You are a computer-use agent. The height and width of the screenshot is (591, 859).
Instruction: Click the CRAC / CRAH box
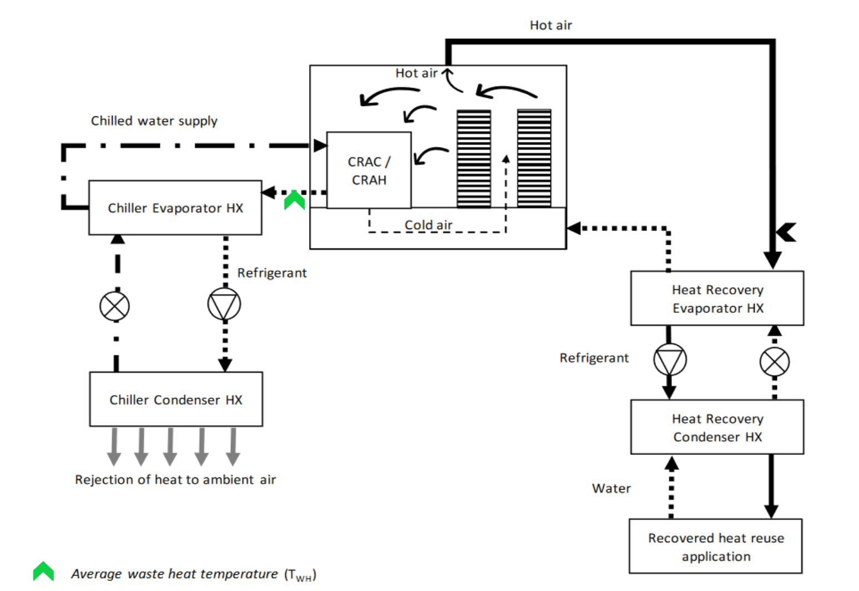[369, 170]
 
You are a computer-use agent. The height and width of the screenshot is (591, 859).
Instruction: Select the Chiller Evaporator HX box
[175, 208]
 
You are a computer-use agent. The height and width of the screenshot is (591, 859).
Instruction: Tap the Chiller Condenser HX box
[176, 399]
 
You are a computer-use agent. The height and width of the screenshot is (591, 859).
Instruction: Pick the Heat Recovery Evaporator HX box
[717, 298]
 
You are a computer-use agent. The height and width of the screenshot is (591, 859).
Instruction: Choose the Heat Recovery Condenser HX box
[717, 427]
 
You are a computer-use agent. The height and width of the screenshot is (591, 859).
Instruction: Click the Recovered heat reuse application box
[715, 546]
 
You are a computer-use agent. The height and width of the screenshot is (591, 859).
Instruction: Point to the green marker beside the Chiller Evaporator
[295, 200]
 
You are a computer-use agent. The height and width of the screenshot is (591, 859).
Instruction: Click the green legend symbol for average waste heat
[43, 572]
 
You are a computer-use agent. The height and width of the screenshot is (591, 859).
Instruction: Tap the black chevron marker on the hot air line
[787, 232]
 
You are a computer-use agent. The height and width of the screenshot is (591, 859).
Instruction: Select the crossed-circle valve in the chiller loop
[115, 306]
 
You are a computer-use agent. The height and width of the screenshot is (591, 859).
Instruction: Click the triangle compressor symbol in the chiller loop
[224, 304]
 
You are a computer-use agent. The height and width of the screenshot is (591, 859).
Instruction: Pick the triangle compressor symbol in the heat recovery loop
[670, 360]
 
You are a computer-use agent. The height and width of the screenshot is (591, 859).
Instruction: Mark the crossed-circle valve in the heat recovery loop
[774, 362]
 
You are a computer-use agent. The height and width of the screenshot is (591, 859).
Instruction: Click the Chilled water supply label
[154, 121]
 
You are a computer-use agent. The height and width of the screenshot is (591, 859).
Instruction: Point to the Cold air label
[428, 225]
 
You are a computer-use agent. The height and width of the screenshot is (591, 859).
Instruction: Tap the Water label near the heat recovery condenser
[611, 488]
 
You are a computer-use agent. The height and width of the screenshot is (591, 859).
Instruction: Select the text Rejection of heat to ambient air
[175, 480]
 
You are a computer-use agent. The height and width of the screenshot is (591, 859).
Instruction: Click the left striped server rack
[473, 159]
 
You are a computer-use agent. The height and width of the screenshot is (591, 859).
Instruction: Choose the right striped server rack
[534, 159]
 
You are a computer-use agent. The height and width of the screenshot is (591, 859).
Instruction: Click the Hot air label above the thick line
[550, 25]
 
